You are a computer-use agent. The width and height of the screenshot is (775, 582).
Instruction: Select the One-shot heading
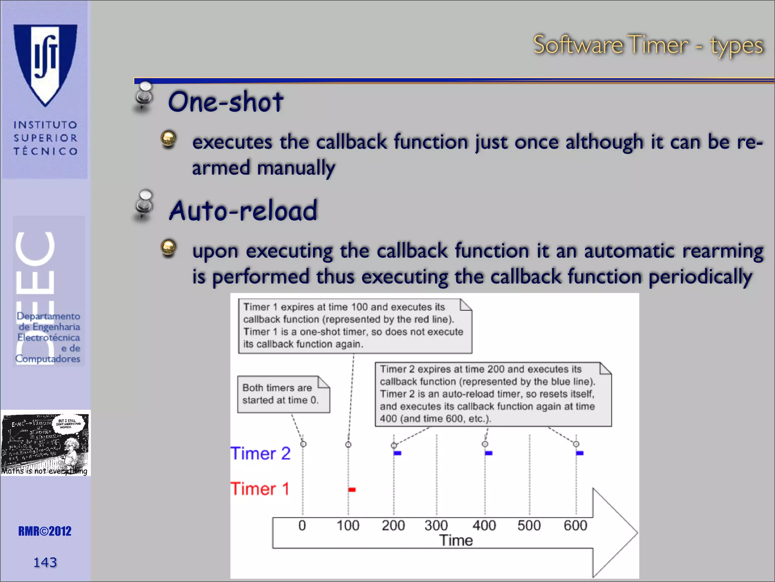point(226,102)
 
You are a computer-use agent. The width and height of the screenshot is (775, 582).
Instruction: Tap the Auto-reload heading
point(243,211)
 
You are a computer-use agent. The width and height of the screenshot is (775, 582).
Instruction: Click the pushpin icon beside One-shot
point(144,97)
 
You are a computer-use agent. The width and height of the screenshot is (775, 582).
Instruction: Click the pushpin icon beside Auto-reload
point(144,206)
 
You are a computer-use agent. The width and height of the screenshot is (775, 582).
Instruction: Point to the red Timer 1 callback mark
point(352,490)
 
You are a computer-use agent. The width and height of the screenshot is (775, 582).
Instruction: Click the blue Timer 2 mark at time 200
point(397,453)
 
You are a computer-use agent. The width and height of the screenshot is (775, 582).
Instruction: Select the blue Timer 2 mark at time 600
point(580,453)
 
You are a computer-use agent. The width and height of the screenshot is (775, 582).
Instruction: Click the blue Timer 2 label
point(260,454)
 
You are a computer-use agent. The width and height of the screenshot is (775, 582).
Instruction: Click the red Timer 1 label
point(260,489)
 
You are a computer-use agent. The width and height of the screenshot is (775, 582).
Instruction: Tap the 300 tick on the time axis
point(436,526)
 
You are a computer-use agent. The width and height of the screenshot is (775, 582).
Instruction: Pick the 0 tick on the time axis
point(302,526)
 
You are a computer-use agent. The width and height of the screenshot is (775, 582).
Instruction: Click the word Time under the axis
point(456,541)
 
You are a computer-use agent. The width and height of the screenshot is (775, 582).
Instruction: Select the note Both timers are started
point(283,394)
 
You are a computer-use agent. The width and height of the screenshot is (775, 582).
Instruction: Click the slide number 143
point(45,562)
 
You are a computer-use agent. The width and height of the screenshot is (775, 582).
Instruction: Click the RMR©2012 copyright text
point(45,531)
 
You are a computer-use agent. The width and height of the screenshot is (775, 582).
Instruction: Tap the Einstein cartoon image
point(45,443)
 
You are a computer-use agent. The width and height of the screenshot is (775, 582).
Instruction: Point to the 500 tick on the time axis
point(529,526)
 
